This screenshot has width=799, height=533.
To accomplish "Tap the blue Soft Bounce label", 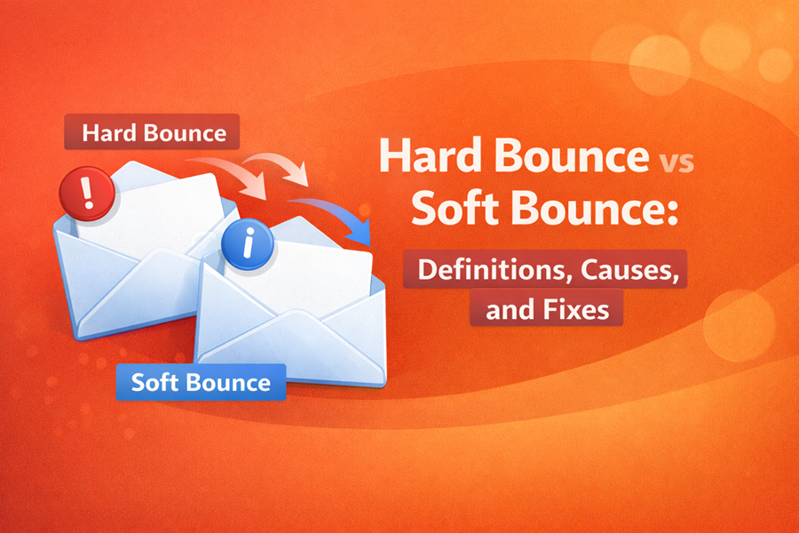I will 201,383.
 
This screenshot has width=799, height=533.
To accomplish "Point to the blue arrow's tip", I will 367,242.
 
